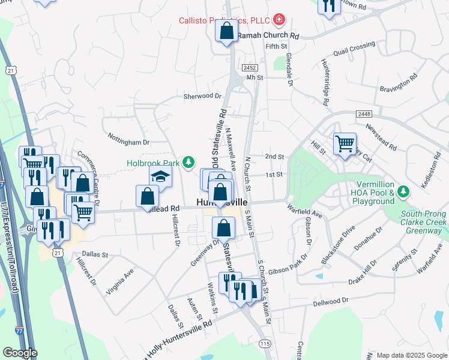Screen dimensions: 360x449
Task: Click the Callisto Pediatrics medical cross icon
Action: [x=279, y=20]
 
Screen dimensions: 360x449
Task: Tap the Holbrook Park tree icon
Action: [x=188, y=162]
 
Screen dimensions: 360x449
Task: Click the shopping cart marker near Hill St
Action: [x=345, y=143]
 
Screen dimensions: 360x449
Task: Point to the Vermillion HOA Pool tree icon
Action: [x=405, y=191]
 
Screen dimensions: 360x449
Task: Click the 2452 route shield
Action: [x=250, y=68]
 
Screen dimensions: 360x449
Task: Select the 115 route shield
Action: [x=265, y=343]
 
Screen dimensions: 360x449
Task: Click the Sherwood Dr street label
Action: [x=202, y=96]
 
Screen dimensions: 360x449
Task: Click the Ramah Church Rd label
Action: [x=268, y=36]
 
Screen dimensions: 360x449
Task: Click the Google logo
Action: [x=20, y=353]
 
